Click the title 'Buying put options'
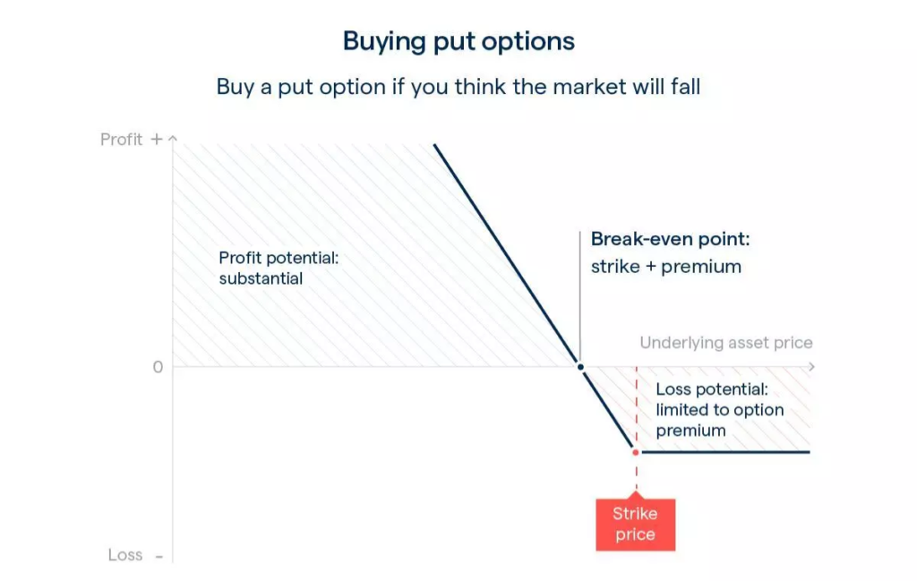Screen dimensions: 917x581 [458, 41]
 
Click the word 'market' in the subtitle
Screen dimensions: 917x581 [589, 87]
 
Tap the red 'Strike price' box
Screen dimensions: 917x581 [636, 525]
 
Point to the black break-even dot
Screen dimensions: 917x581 [580, 367]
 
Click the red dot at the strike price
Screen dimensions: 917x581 [636, 452]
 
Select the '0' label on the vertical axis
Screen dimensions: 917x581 [158, 367]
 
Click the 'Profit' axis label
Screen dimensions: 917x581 [121, 139]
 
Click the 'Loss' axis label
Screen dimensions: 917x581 [125, 555]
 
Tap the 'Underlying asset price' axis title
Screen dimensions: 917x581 [725, 343]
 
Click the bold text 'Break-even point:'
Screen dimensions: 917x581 [670, 238]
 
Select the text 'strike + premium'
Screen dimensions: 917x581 [666, 267]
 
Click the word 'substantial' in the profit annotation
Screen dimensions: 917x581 [261, 278]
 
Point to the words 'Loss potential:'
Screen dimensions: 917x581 [712, 389]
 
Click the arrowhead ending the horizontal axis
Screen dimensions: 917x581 [811, 366]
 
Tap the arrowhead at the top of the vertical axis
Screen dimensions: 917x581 [173, 138]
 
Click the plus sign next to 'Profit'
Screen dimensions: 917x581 [156, 139]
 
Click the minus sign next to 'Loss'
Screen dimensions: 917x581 [159, 556]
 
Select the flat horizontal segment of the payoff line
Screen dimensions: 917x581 [725, 452]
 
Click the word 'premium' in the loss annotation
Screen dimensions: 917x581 [690, 431]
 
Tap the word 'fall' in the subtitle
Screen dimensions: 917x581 [686, 87]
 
